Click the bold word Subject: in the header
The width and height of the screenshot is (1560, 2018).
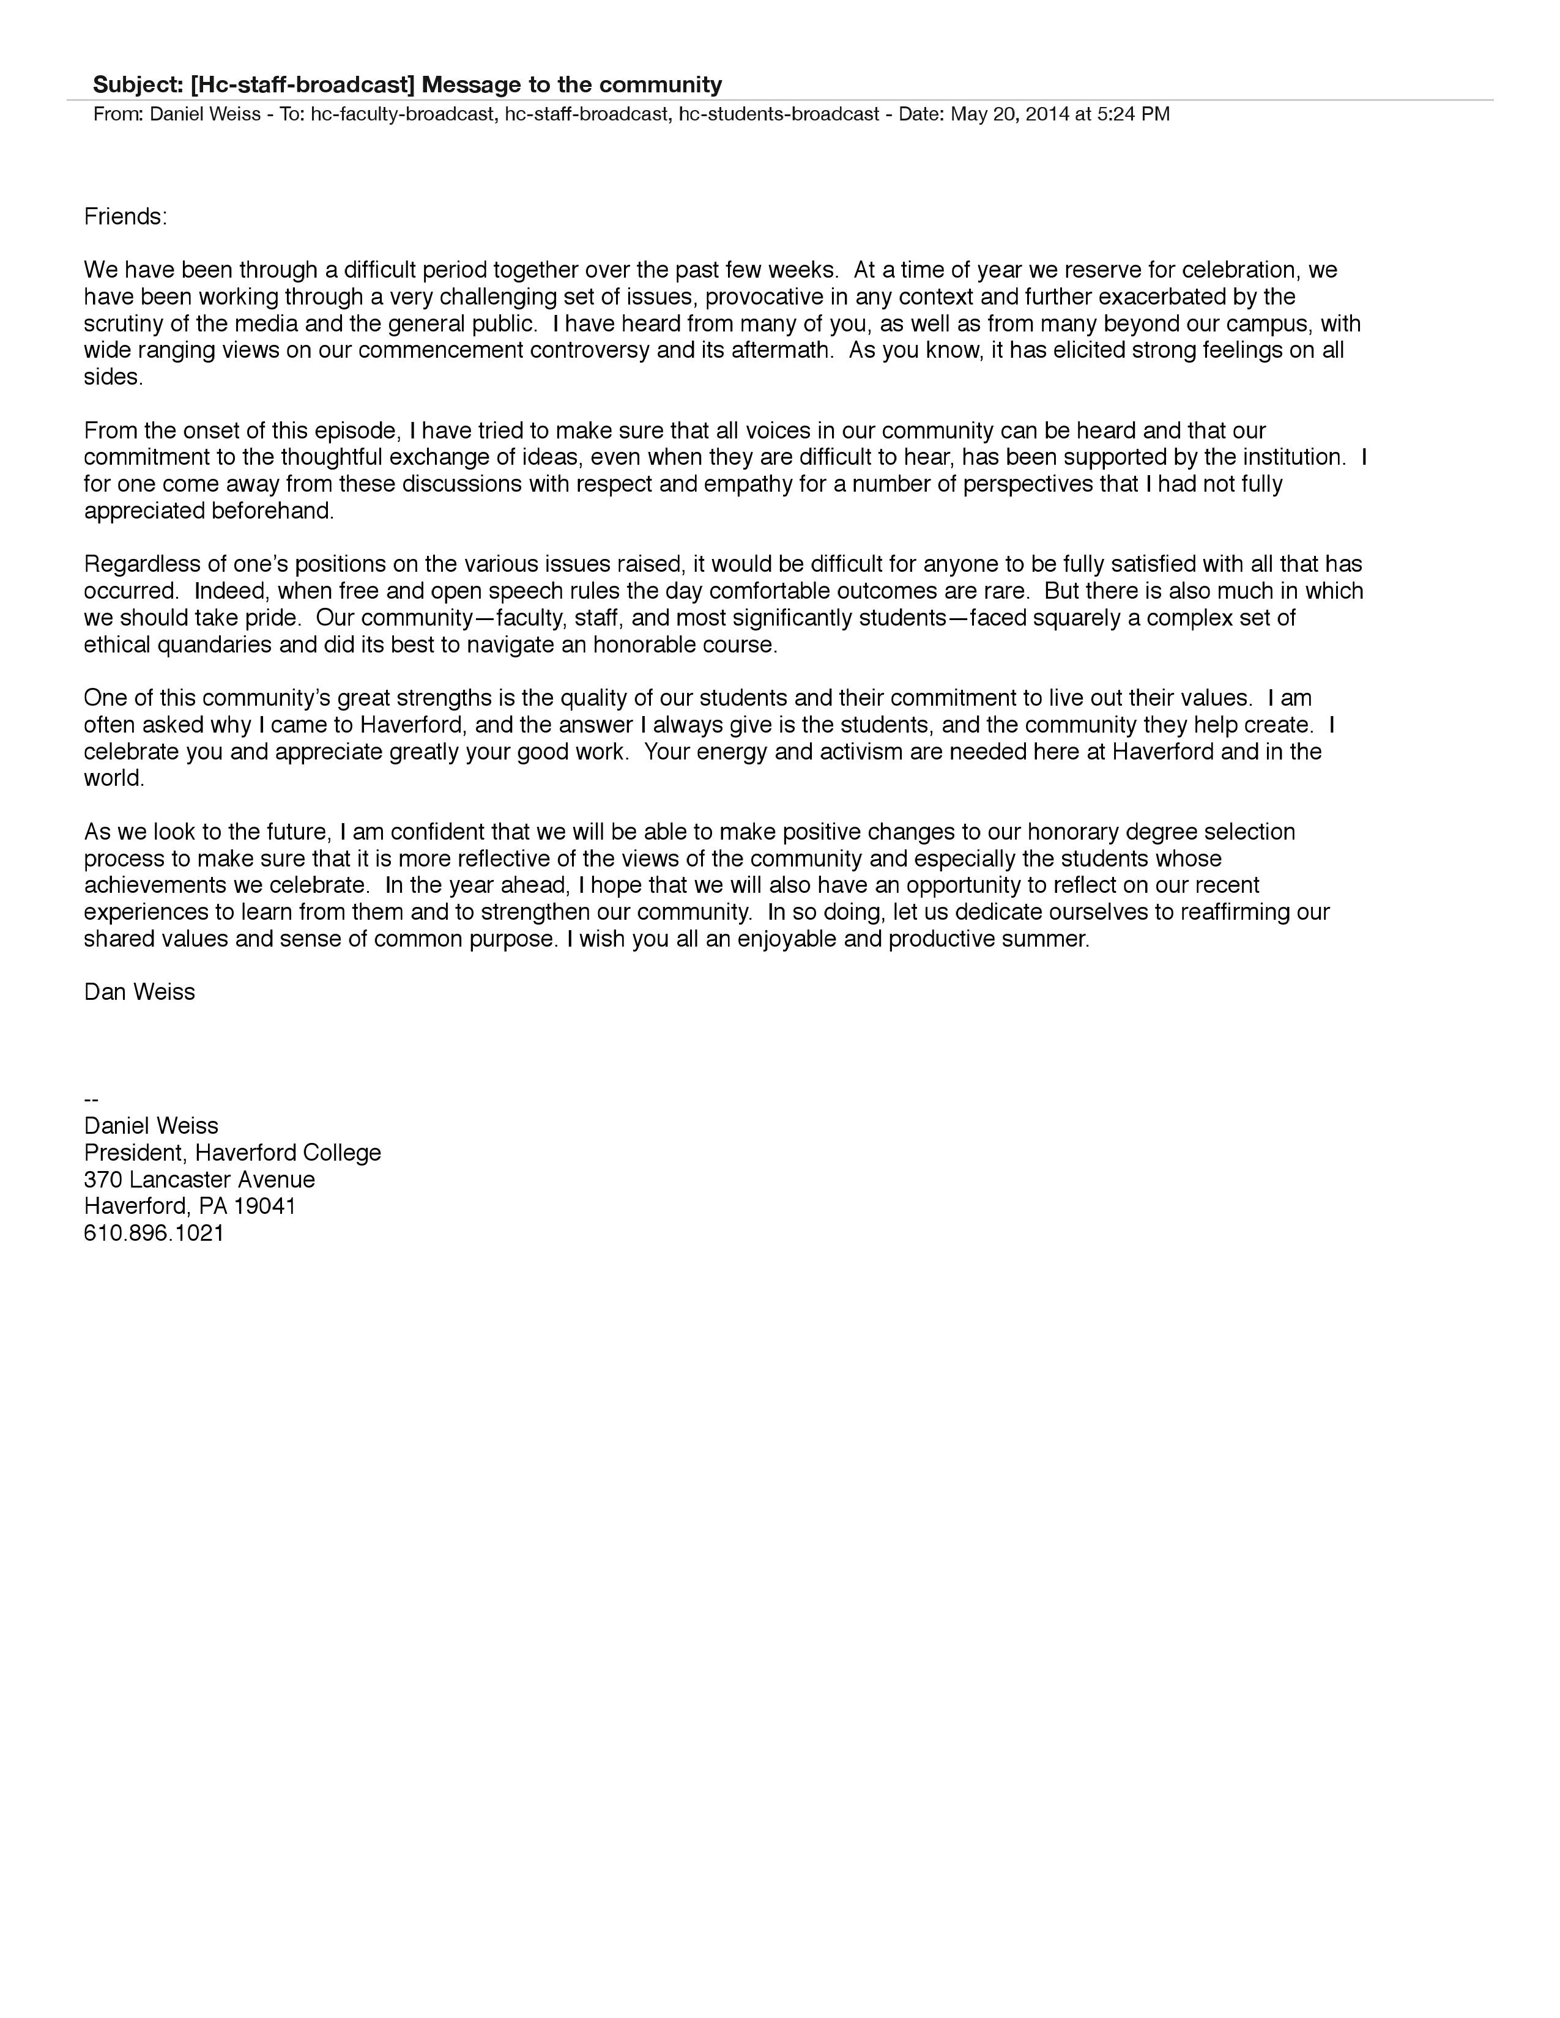pyautogui.click(x=139, y=85)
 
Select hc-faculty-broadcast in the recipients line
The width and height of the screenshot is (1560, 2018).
pyautogui.click(x=402, y=114)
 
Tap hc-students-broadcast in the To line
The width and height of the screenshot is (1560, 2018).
pyautogui.click(x=778, y=114)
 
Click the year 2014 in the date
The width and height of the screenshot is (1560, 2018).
pyautogui.click(x=1047, y=114)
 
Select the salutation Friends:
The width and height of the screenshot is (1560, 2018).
pyautogui.click(x=125, y=217)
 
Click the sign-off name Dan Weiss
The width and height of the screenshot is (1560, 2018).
pyautogui.click(x=139, y=992)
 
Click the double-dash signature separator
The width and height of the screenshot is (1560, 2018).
pyautogui.click(x=91, y=1100)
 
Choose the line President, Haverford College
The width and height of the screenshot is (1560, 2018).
pyautogui.click(x=232, y=1153)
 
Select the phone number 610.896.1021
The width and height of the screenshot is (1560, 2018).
pyautogui.click(x=154, y=1233)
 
